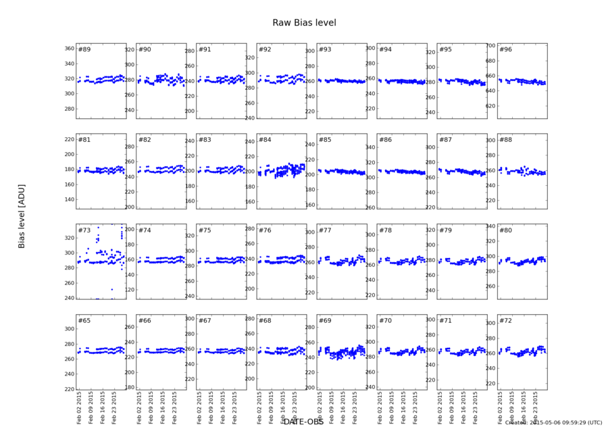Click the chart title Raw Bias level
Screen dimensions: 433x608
[x=304, y=23]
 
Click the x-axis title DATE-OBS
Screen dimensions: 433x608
[x=304, y=422]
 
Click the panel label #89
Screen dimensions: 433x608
[x=84, y=50]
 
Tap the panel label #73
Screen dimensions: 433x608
[x=84, y=230]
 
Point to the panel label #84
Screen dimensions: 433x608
[x=265, y=140]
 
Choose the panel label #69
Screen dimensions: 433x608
[x=325, y=320]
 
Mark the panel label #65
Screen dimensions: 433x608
[x=84, y=320]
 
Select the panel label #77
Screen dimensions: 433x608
[x=325, y=230]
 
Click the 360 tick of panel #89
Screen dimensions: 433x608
[x=69, y=49]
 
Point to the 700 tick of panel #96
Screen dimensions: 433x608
[x=491, y=46]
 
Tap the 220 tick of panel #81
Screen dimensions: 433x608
[x=69, y=139]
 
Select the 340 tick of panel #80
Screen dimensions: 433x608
[x=491, y=226]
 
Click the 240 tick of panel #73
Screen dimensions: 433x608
[x=69, y=298]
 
